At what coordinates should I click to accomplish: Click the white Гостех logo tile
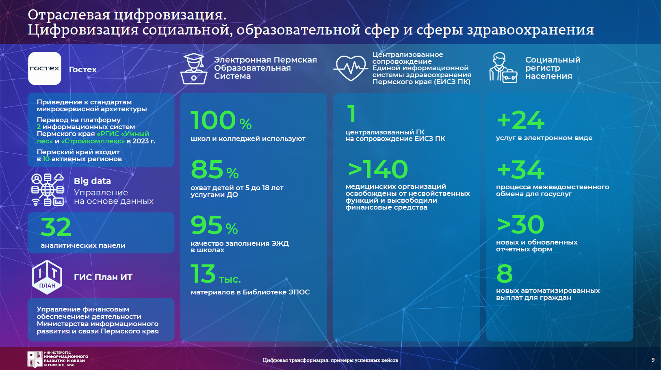click(x=45, y=69)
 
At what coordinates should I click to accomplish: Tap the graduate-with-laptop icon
click(x=193, y=69)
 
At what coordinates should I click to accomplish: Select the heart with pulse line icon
click(x=351, y=68)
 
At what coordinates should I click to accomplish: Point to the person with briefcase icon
click(x=503, y=67)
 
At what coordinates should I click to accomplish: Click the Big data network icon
click(x=48, y=189)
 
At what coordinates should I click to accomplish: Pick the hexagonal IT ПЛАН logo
click(x=47, y=277)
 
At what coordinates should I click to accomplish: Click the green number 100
click(x=213, y=120)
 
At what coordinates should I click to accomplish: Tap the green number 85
click(x=207, y=169)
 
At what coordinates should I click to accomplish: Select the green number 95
click(x=206, y=225)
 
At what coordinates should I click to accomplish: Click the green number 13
click(x=203, y=273)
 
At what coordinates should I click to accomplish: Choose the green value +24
click(x=520, y=120)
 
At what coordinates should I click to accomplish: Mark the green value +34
click(x=520, y=170)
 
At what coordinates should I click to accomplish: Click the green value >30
click(x=520, y=225)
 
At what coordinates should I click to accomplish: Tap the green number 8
click(x=505, y=273)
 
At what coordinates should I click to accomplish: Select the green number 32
click(x=56, y=227)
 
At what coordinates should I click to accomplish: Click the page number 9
click(x=653, y=360)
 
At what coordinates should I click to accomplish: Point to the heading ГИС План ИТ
click(x=103, y=277)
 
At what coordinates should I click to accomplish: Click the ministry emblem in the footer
click(x=35, y=359)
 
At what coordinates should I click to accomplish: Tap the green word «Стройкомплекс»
click(x=93, y=141)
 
